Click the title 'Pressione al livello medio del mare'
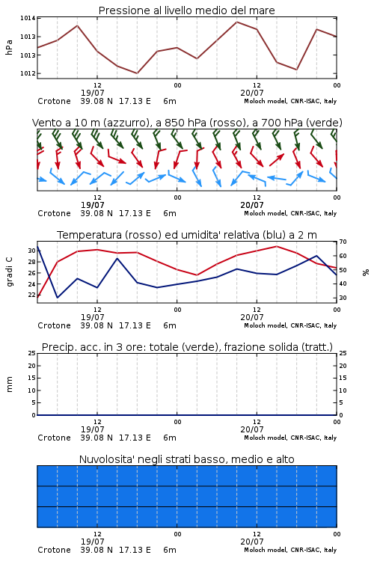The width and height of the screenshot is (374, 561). pyautogui.click(x=186, y=10)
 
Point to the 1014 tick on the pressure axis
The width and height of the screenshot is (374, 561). pyautogui.click(x=28, y=18)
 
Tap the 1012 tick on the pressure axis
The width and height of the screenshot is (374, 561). pyautogui.click(x=28, y=73)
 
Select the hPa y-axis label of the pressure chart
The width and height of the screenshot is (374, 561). pyautogui.click(x=9, y=47)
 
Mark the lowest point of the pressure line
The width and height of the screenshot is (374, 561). pyautogui.click(x=137, y=73)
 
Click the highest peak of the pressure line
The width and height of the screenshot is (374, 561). pyautogui.click(x=236, y=22)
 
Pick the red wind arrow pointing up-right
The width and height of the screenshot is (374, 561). pyautogui.click(x=277, y=160)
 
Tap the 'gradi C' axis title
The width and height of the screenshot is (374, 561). pyautogui.click(x=9, y=272)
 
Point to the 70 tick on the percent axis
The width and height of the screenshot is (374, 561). pyautogui.click(x=343, y=242)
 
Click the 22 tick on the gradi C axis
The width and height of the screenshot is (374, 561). pyautogui.click(x=31, y=295)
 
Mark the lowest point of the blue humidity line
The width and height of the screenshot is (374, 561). pyautogui.click(x=58, y=298)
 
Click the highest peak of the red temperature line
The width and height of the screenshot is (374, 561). pyautogui.click(x=276, y=246)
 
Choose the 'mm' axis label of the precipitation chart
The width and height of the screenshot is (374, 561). pyautogui.click(x=9, y=384)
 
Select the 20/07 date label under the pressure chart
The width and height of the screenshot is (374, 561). pyautogui.click(x=252, y=93)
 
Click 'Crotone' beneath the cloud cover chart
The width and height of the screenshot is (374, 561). pyautogui.click(x=54, y=550)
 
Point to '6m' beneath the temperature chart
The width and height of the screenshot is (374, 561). pyautogui.click(x=170, y=325)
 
